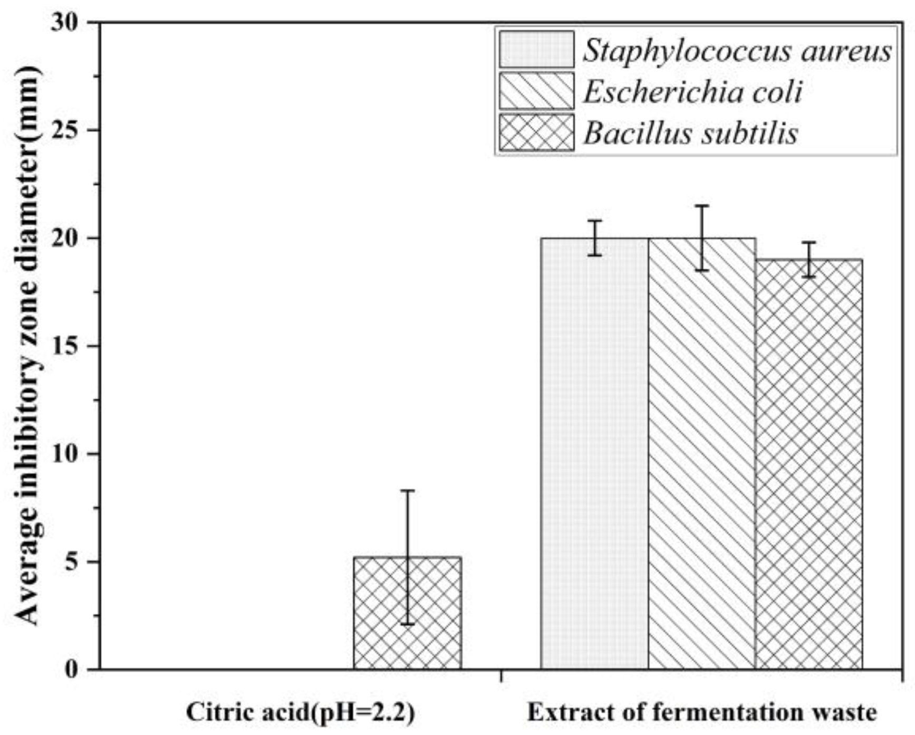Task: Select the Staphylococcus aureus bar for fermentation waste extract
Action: pyautogui.click(x=594, y=454)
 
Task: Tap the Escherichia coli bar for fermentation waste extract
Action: pyautogui.click(x=702, y=454)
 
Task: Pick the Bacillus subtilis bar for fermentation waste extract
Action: pyautogui.click(x=809, y=464)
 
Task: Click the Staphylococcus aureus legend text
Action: pyautogui.click(x=737, y=51)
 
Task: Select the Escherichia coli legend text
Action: pyautogui.click(x=692, y=92)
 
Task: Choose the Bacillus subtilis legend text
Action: pyautogui.click(x=690, y=133)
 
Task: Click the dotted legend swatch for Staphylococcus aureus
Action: pyautogui.click(x=536, y=49)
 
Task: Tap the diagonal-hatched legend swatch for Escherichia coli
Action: pyautogui.click(x=536, y=91)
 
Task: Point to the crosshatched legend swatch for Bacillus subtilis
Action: pyautogui.click(x=536, y=132)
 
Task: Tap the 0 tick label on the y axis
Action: pyautogui.click(x=71, y=670)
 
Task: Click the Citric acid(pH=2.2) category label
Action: pyautogui.click(x=301, y=712)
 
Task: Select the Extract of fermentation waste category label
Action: pyautogui.click(x=702, y=712)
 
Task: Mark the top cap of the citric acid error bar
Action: pyautogui.click(x=407, y=491)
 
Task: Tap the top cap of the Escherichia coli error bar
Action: pyautogui.click(x=702, y=206)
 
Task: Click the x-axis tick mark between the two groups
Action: pyautogui.click(x=500, y=675)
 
